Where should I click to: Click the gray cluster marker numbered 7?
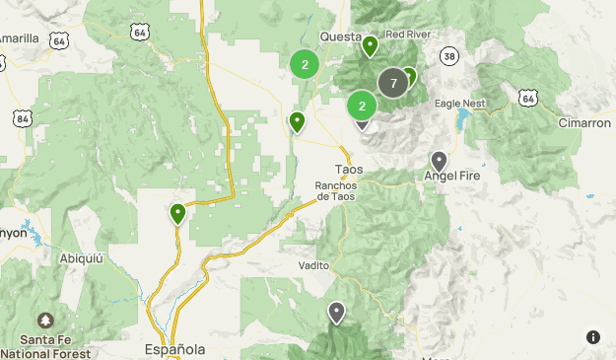[393, 83]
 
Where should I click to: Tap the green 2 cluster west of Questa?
[305, 65]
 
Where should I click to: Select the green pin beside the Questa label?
[370, 45]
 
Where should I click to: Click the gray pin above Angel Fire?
[439, 160]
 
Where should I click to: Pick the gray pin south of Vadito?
[337, 313]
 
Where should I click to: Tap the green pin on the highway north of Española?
[177, 213]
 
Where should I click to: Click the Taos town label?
[349, 169]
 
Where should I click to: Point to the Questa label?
[339, 37]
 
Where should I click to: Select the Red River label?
[409, 34]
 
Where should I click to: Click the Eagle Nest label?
[462, 102]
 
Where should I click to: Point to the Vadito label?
[314, 265]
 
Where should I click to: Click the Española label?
[174, 349]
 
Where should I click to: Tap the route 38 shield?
[449, 55]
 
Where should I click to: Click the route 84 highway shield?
[22, 118]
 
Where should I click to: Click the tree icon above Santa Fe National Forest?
[45, 322]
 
